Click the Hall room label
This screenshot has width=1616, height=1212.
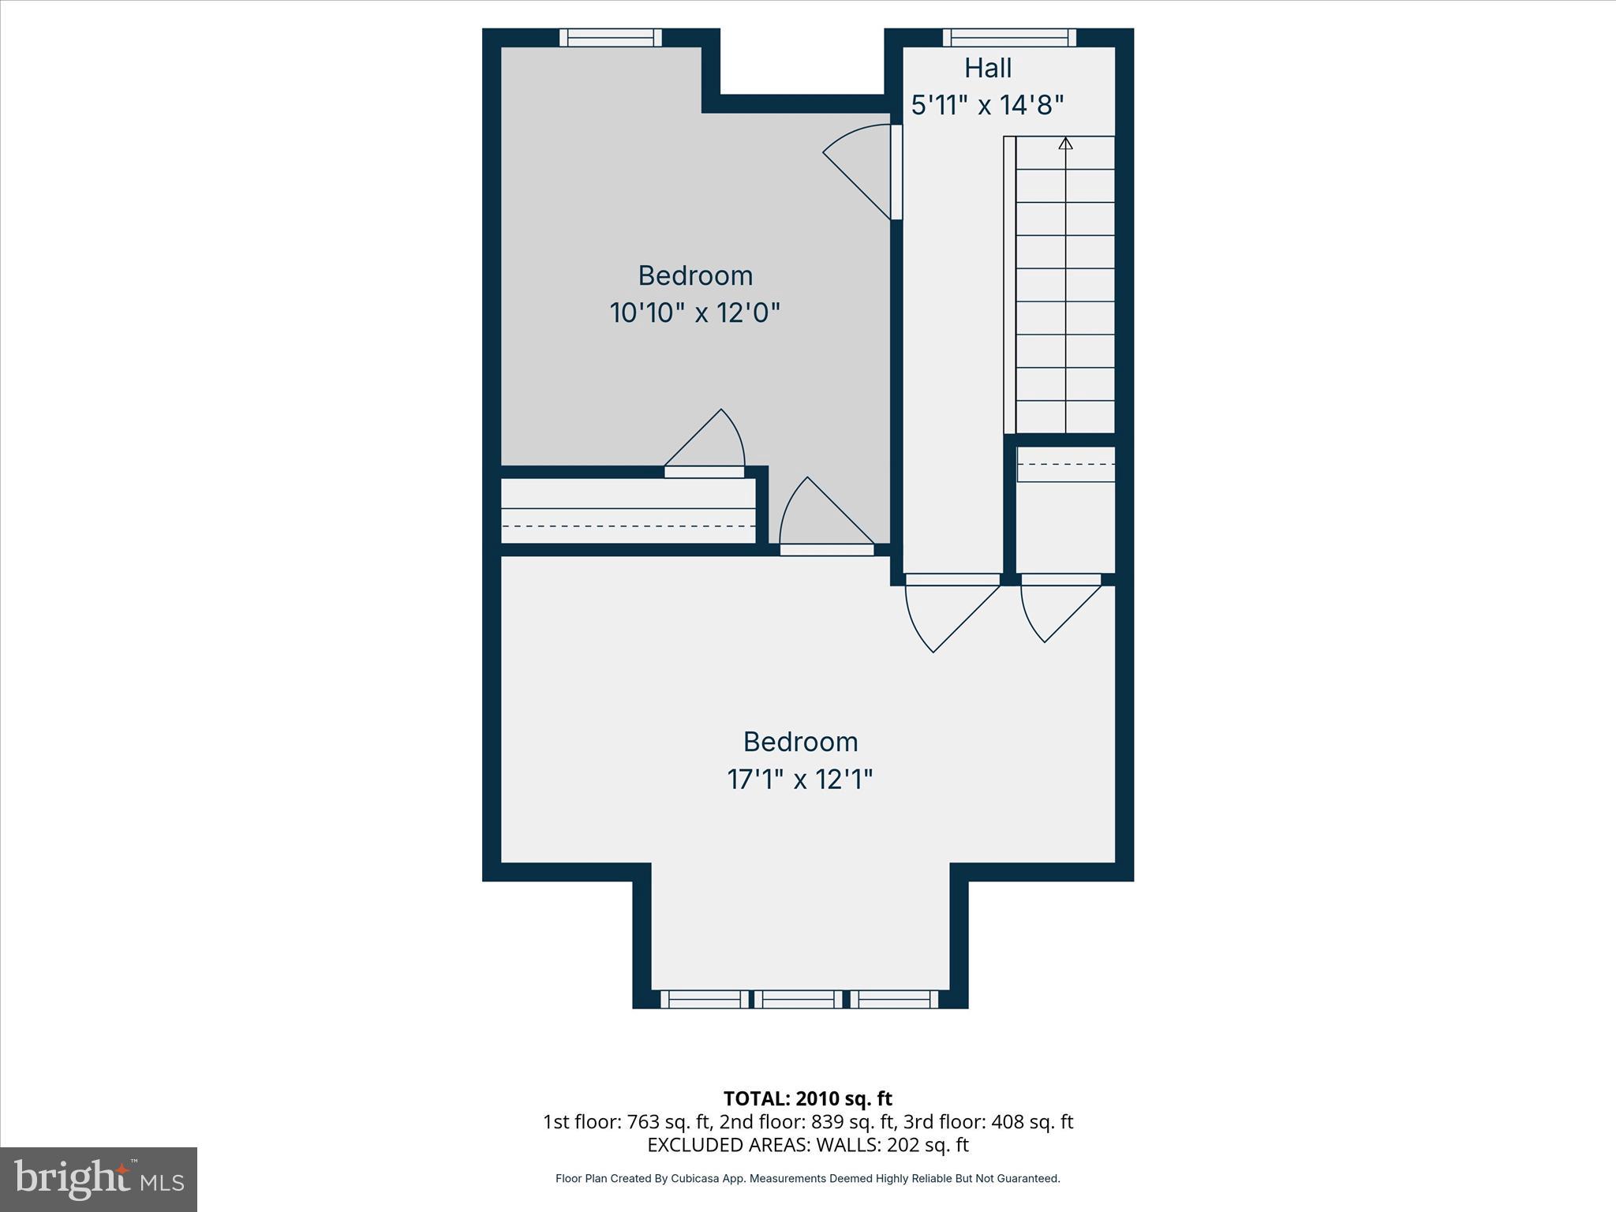click(988, 69)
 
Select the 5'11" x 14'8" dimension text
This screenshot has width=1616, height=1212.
click(988, 105)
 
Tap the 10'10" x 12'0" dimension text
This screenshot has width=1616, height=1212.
click(694, 313)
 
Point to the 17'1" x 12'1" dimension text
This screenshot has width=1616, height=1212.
click(799, 780)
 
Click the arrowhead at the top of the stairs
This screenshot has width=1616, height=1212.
click(1066, 144)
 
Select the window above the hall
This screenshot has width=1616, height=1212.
click(1009, 37)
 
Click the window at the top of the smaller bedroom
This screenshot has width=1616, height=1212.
click(611, 37)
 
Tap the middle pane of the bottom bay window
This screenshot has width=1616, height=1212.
click(799, 1000)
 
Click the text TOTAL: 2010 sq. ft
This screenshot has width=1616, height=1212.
click(807, 1098)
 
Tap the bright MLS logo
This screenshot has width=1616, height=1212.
click(99, 1179)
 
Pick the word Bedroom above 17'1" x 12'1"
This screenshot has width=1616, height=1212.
click(800, 742)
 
